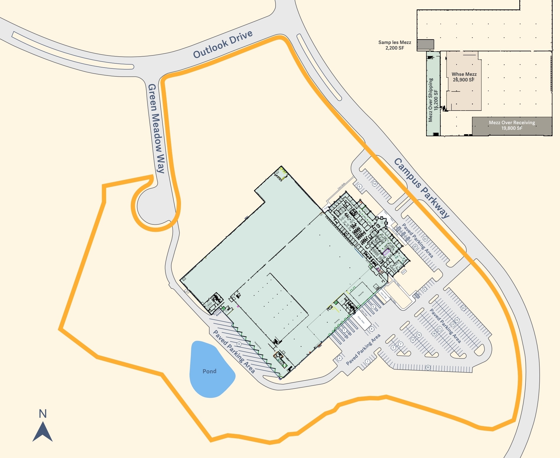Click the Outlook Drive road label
[223, 45]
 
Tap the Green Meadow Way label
[156, 128]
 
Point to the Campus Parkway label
[421, 188]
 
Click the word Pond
[209, 371]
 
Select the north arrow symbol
[42, 431]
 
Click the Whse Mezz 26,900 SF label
[464, 77]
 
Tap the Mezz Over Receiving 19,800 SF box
[512, 126]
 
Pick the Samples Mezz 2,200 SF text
[395, 45]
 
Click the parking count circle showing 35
[428, 367]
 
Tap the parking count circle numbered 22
[425, 239]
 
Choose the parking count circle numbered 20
[415, 247]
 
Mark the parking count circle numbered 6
[359, 186]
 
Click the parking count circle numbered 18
[434, 334]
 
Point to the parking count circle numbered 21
[439, 329]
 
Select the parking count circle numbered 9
[424, 289]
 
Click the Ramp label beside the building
[218, 313]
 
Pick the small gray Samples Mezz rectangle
[425, 44]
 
